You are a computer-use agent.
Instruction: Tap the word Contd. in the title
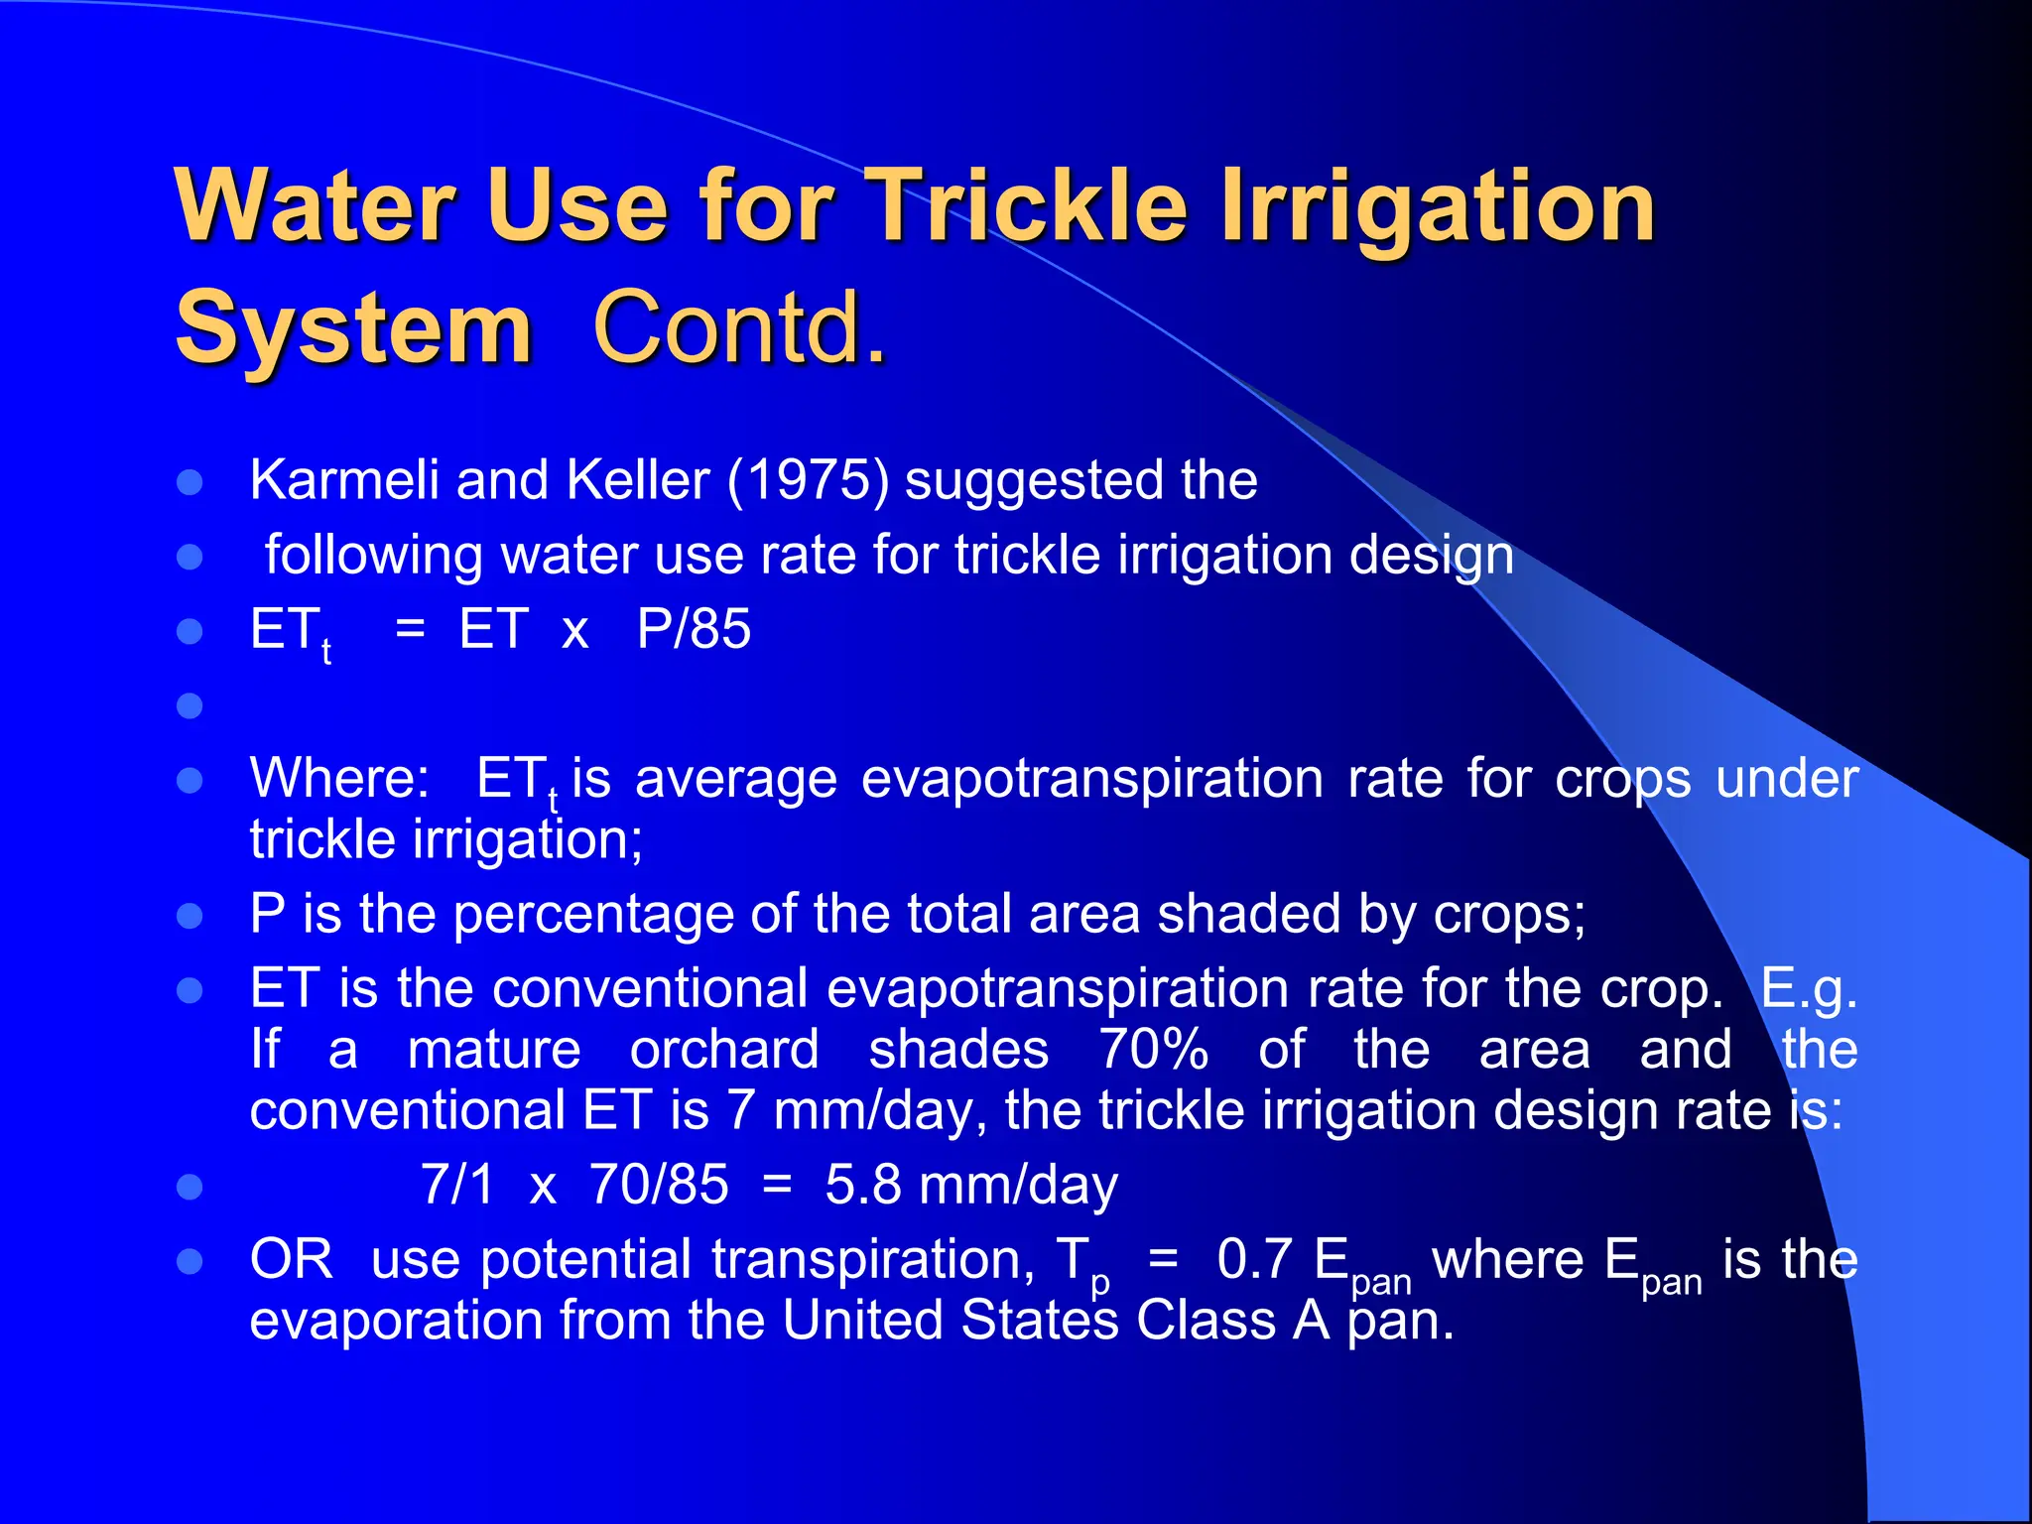coord(739,328)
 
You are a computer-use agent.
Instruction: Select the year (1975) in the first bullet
coord(808,480)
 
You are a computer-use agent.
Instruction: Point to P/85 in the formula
coord(694,629)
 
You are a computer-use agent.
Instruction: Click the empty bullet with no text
coord(190,705)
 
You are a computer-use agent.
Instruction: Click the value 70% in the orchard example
coord(1153,1050)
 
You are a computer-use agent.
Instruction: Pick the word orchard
coord(724,1050)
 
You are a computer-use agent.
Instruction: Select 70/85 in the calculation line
coord(659,1185)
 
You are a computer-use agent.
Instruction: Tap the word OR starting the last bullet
coord(291,1260)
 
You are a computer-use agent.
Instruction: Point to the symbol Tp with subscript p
coord(1082,1264)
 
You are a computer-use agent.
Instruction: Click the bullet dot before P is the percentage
coord(190,915)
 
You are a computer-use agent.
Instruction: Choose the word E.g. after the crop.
coord(1808,989)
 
